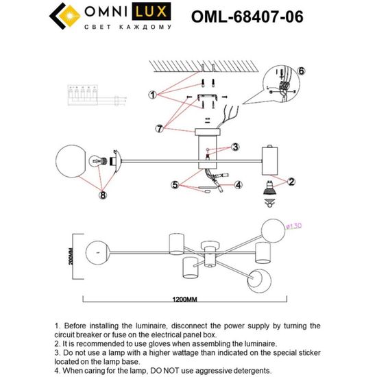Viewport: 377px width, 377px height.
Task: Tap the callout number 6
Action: coord(302,71)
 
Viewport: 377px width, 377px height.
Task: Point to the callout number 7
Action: coord(159,127)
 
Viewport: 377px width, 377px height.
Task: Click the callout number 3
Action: coord(234,147)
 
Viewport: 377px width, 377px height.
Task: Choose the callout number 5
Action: coord(175,184)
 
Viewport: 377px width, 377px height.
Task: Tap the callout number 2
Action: coord(291,182)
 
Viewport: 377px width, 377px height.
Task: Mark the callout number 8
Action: coord(103,195)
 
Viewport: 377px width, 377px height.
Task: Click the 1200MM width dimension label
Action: coord(186,300)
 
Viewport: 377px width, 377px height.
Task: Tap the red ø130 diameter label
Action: coord(293,223)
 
